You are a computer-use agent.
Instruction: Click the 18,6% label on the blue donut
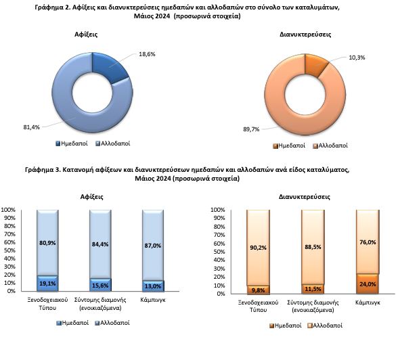(147, 54)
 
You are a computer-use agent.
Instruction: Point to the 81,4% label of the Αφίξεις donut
(32, 127)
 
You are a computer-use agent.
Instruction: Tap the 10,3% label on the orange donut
(357, 58)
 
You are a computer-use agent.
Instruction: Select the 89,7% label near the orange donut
(251, 129)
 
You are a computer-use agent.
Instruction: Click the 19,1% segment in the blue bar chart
(47, 284)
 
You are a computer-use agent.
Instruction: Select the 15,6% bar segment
(100, 285)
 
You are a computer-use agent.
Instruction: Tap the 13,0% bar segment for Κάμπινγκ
(153, 286)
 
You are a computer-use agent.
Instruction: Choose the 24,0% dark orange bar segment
(368, 284)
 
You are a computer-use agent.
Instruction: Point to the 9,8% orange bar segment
(258, 290)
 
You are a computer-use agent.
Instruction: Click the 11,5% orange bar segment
(313, 289)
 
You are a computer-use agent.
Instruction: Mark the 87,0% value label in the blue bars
(153, 246)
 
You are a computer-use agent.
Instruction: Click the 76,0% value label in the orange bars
(368, 242)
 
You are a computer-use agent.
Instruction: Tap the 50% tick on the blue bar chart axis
(9, 250)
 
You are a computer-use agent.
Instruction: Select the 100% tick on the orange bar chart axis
(218, 210)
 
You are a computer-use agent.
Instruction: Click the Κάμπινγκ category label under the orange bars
(368, 302)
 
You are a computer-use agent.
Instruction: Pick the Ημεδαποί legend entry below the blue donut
(72, 143)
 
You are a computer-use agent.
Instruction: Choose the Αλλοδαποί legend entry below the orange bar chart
(325, 325)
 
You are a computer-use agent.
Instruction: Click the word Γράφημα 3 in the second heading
(43, 170)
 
